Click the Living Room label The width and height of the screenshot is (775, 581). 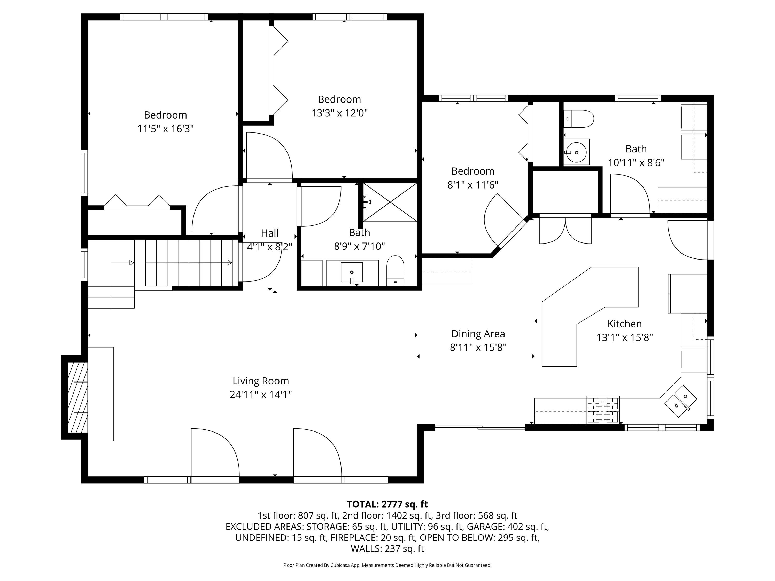click(261, 381)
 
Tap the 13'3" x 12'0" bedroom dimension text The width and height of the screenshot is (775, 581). click(339, 113)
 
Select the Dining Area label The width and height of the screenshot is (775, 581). click(478, 334)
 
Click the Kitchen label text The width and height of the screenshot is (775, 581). click(624, 324)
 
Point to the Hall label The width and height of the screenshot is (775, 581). click(269, 233)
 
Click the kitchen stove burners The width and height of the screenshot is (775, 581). click(603, 410)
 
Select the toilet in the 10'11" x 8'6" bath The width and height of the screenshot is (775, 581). click(578, 119)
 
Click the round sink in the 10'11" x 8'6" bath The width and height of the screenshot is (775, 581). click(576, 152)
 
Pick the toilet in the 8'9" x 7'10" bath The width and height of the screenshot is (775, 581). click(395, 271)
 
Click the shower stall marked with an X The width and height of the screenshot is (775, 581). click(390, 202)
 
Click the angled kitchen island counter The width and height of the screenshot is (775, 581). click(590, 317)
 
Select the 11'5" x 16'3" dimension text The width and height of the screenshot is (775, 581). click(165, 129)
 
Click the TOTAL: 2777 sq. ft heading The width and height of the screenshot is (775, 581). click(387, 504)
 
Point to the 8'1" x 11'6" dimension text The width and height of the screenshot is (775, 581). click(473, 185)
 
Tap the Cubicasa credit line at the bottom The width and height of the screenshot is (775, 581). click(387, 565)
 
